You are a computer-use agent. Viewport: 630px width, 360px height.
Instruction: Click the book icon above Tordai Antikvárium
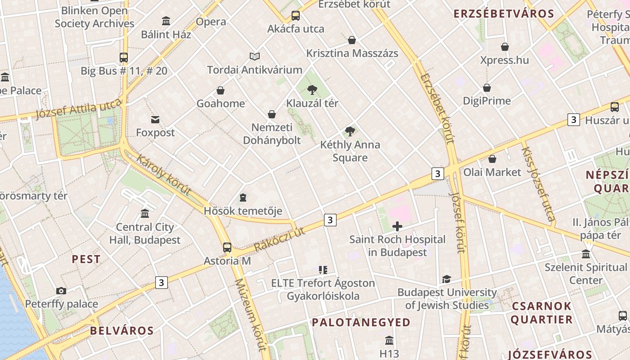coord(255,57)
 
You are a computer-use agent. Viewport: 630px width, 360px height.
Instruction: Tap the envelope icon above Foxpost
coord(155,120)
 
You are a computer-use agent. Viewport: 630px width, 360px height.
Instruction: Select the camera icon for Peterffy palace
coord(61,291)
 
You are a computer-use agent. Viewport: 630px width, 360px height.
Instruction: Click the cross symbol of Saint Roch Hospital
coord(397,226)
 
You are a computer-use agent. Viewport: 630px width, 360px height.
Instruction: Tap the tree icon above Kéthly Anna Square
coord(350,131)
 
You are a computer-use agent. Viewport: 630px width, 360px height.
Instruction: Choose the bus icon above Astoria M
coord(227,247)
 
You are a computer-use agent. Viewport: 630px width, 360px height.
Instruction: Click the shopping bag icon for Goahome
coord(220,91)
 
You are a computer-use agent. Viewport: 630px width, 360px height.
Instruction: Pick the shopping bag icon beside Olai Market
coord(492,159)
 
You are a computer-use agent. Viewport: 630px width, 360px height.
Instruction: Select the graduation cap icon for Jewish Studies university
coord(446,279)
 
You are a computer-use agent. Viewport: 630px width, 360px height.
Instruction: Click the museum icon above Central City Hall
coord(145,214)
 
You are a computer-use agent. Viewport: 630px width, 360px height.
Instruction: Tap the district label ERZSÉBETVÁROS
coord(504,13)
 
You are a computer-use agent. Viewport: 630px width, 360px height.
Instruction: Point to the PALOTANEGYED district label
coord(361,322)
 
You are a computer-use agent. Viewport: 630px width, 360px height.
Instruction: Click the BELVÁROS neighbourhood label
coord(122,331)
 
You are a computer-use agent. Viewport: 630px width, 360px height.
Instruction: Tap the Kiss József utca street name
coord(538,184)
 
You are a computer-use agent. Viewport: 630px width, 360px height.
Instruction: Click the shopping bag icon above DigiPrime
coord(487,88)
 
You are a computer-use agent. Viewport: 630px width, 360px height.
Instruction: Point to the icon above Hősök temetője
coord(243,198)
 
